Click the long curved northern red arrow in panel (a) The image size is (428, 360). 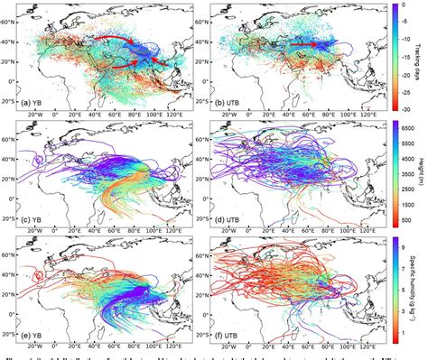108,38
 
